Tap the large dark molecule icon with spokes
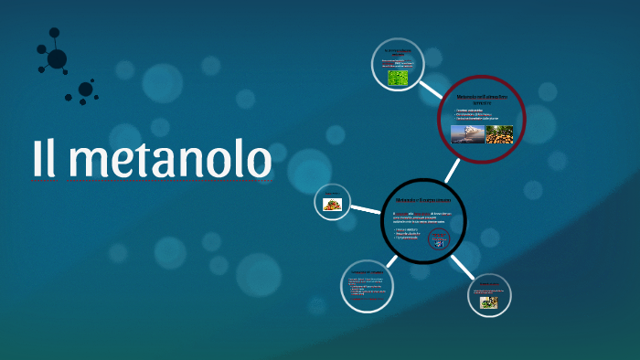coord(56,58)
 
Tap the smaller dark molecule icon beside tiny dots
coord(85,90)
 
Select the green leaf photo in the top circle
coord(398,79)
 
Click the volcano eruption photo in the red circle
coord(467,134)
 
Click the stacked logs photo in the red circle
coord(500,134)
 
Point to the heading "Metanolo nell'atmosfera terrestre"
coord(482,99)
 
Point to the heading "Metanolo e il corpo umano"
coord(423,197)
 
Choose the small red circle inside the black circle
coord(440,239)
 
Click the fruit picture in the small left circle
coord(332,205)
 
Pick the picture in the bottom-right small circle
coord(489,302)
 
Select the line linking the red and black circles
coord(453,170)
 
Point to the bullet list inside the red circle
coord(478,115)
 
